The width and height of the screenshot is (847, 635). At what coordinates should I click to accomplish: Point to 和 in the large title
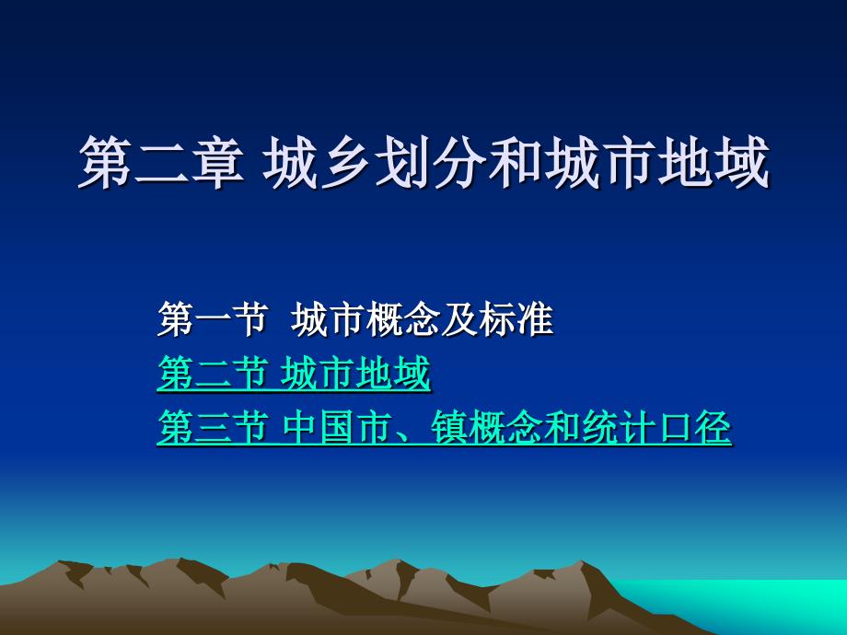point(516,162)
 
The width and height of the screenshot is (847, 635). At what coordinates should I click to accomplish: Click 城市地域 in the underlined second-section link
point(356,373)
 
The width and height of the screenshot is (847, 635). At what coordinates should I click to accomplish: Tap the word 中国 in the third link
point(319,427)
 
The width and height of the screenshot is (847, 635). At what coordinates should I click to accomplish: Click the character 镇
point(450,427)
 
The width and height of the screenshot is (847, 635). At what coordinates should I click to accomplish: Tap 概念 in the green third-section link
point(506,427)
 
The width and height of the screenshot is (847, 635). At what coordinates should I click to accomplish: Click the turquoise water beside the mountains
point(756,605)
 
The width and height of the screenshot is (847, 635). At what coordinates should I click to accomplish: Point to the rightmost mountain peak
point(582,562)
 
